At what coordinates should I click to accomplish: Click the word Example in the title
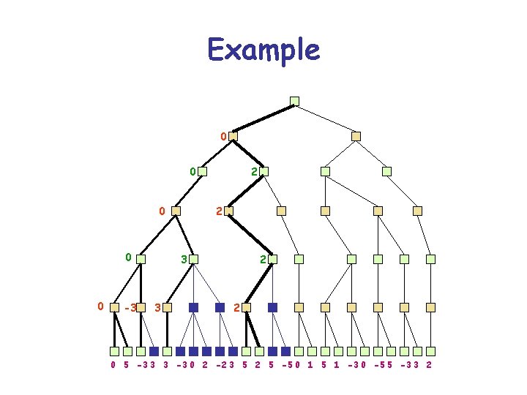(263, 50)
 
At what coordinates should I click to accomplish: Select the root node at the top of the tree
(294, 101)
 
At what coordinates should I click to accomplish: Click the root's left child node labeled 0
(233, 136)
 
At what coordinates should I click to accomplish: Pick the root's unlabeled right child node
(356, 136)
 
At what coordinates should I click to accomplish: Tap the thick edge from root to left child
(263, 118)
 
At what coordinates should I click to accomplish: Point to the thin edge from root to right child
(325, 118)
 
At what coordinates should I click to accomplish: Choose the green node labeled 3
(194, 259)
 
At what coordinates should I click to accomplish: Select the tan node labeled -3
(141, 308)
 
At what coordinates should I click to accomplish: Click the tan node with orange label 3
(167, 308)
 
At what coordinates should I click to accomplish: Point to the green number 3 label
(184, 260)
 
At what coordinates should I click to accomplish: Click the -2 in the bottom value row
(220, 364)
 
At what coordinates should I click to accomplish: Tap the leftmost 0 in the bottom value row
(113, 364)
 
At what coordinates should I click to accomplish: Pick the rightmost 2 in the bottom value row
(428, 364)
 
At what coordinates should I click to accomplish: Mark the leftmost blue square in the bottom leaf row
(154, 351)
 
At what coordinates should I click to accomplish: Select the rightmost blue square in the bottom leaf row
(285, 351)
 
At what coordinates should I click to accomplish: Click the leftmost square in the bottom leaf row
(114, 351)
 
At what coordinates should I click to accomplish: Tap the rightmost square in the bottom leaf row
(430, 351)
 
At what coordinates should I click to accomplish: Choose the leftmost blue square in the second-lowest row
(193, 308)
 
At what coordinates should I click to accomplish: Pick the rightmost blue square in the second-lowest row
(272, 308)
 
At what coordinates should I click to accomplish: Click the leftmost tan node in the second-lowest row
(114, 308)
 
